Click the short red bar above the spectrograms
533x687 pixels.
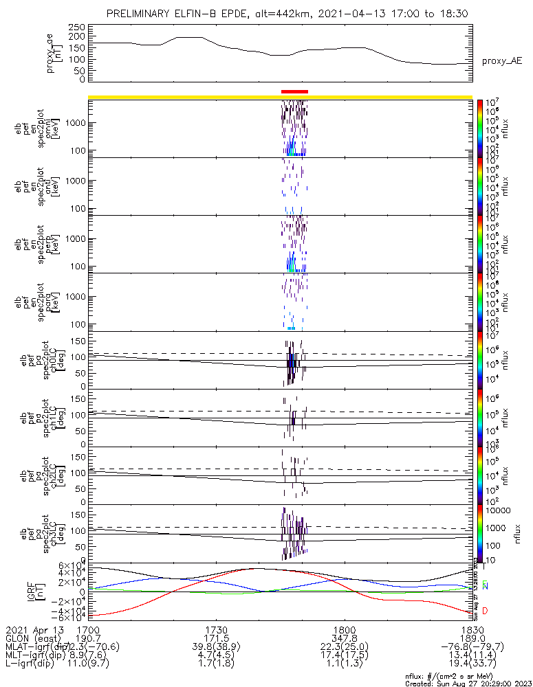click(294, 91)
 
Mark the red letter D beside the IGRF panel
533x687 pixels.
click(486, 611)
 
